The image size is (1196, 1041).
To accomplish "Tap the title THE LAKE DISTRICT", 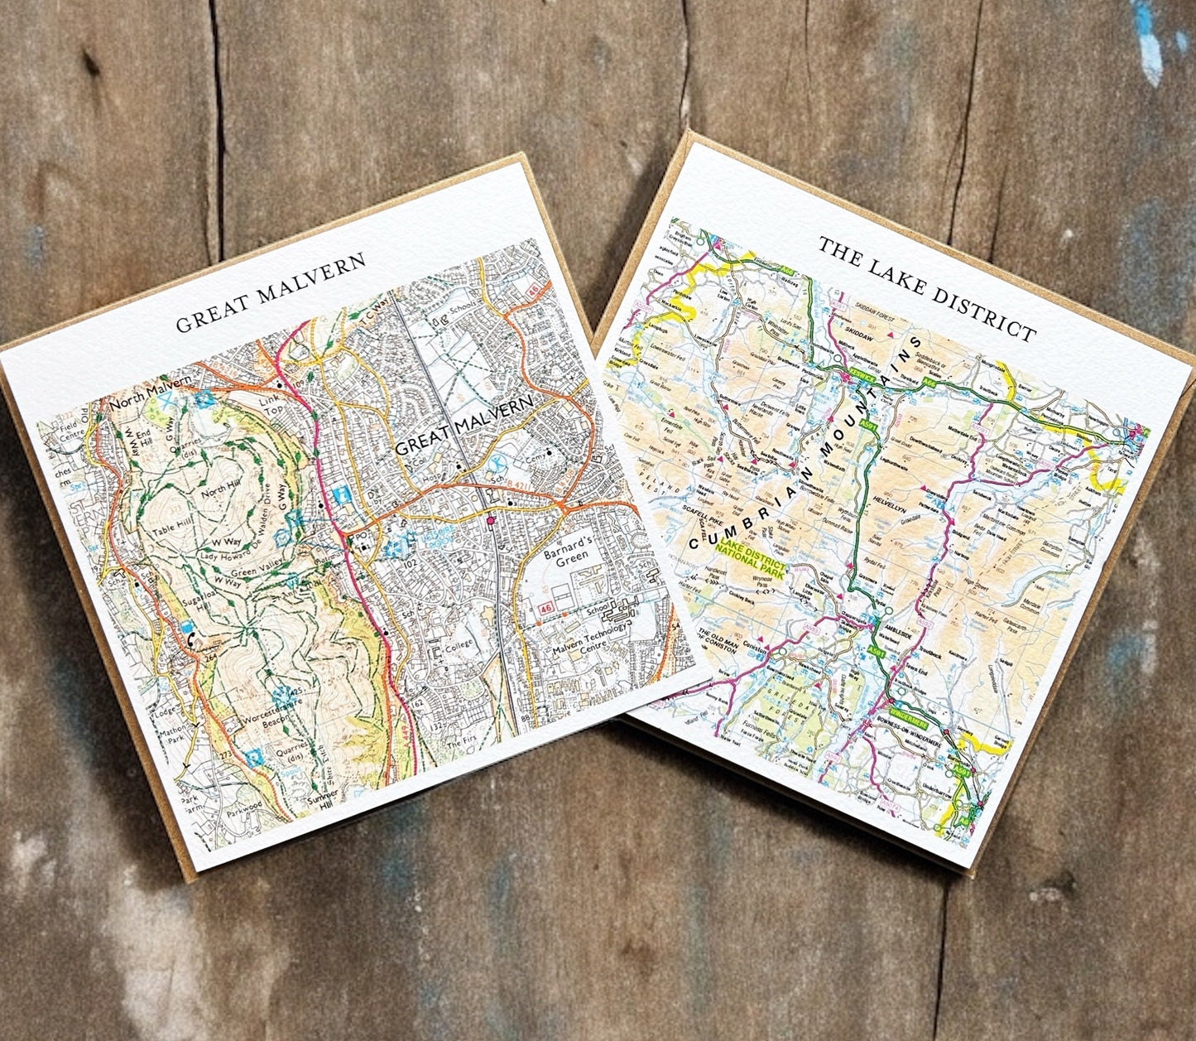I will (x=927, y=288).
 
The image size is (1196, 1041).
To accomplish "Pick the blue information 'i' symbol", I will (x=340, y=495).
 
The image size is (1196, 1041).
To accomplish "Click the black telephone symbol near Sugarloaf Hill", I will (x=193, y=639).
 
